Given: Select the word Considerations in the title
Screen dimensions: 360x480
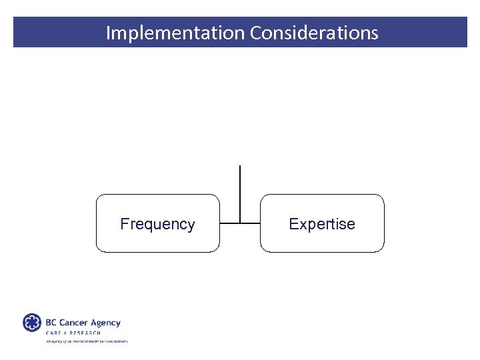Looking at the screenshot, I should click(x=314, y=33).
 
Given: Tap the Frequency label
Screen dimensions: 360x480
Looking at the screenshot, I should click(x=157, y=224).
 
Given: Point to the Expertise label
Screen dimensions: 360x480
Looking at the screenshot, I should click(x=322, y=224).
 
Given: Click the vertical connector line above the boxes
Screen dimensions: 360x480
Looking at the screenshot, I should click(x=239, y=190).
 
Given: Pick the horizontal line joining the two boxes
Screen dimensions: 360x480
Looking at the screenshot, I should click(x=239, y=223).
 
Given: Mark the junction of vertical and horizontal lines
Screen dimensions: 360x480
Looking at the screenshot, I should click(x=239, y=223).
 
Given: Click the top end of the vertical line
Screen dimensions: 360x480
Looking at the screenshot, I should click(x=239, y=165).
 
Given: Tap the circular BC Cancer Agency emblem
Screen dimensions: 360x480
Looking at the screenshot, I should click(x=32, y=323).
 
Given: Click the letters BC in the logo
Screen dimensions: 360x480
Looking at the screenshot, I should click(x=51, y=322).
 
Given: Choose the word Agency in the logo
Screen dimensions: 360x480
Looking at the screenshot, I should click(x=105, y=323).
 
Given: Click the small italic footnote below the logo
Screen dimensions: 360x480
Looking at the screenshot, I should click(x=86, y=341).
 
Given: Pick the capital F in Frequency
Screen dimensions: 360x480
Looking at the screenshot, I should click(x=124, y=224).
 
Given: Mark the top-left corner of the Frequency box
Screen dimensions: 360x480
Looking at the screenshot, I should click(x=97, y=195).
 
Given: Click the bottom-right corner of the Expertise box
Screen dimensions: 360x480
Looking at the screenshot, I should click(x=383, y=251).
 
